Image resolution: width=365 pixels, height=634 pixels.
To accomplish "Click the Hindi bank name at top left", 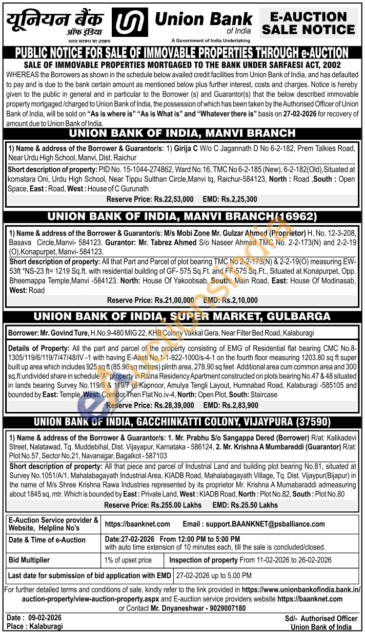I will click(55, 21).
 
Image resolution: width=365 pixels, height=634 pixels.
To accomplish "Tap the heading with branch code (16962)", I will click(182, 217).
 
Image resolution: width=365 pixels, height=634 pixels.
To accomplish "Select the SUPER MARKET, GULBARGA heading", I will click(182, 318).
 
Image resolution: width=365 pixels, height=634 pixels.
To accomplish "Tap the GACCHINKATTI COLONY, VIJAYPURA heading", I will click(182, 423).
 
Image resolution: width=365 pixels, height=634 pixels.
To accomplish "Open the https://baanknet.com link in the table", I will click(137, 524).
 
